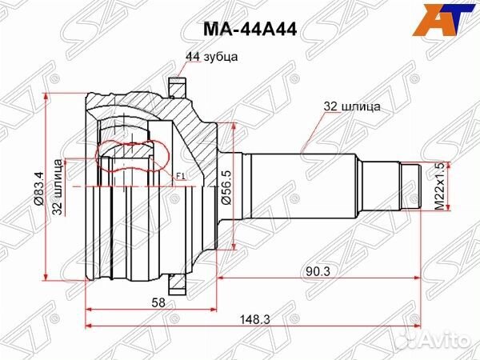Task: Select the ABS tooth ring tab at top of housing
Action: click(x=177, y=83)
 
